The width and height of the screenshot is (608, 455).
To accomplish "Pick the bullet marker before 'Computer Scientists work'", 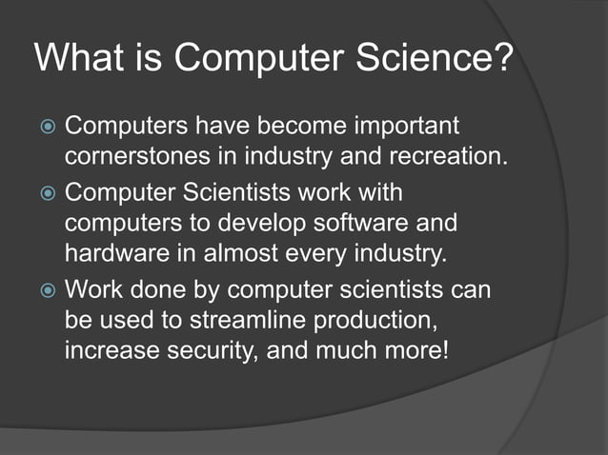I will point(46,195).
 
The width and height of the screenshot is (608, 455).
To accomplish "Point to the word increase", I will point(112,349).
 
